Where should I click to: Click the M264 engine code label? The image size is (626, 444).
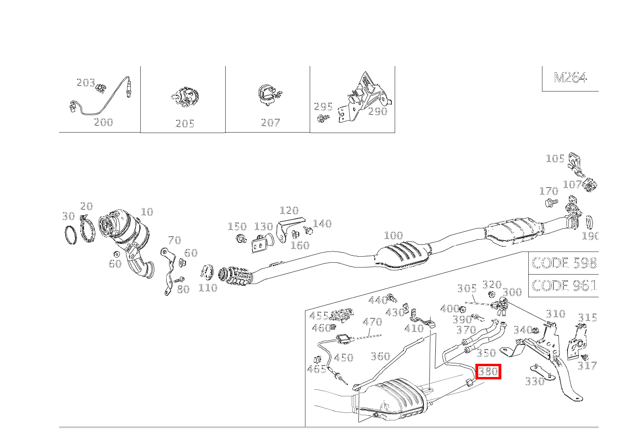570,78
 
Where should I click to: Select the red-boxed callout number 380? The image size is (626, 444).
488,372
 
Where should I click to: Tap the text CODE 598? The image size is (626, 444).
564,263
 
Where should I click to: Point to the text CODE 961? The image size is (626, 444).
564,285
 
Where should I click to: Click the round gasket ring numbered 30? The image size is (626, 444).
70,235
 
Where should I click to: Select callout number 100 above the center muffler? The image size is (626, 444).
393,235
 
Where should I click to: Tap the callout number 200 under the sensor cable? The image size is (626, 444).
103,122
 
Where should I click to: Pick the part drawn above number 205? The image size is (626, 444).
185,97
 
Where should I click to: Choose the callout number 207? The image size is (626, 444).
270,123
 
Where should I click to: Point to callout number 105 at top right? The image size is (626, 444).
555,159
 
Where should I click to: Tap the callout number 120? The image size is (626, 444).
289,210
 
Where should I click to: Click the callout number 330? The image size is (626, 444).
534,381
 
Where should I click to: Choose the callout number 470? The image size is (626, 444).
372,322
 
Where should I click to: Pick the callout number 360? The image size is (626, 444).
380,356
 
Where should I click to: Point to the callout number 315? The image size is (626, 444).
587,318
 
